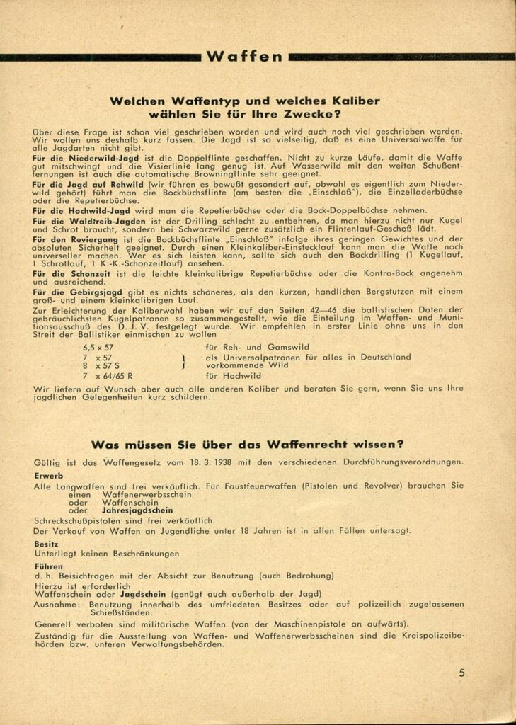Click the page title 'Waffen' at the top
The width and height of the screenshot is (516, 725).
[x=243, y=57]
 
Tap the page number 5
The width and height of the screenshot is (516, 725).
[x=461, y=673]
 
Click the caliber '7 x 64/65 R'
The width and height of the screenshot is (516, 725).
[x=108, y=376]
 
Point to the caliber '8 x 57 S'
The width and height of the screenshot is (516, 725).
[x=101, y=366]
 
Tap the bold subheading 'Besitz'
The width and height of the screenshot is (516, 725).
[x=47, y=544]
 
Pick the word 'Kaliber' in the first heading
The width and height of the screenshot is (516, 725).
[x=353, y=101]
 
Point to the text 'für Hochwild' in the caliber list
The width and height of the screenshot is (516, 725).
[x=229, y=376]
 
